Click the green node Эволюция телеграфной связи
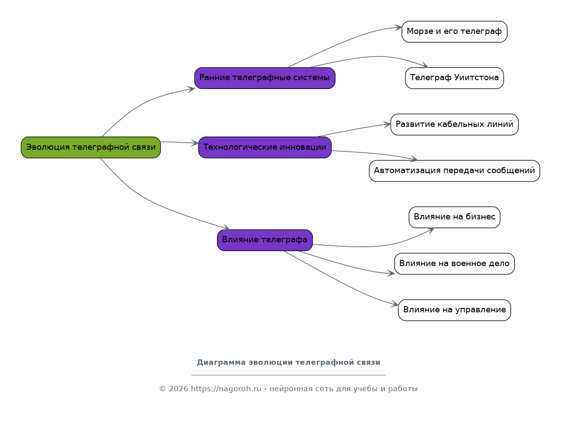(x=91, y=147)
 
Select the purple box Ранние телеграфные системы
(x=265, y=78)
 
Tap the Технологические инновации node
(x=265, y=147)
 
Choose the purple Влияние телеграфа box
(x=265, y=240)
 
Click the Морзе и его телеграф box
(x=454, y=32)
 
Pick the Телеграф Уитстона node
(x=454, y=78)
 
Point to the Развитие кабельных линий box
(x=454, y=125)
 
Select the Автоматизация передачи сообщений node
(x=454, y=171)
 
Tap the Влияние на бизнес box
(x=454, y=217)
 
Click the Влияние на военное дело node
(x=454, y=264)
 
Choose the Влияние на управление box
(x=454, y=310)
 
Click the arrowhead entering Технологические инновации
(x=195, y=143)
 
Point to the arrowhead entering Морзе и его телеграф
(x=398, y=28)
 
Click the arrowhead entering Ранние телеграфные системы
(x=191, y=89)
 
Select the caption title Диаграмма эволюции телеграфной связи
(x=288, y=363)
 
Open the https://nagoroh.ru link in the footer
(x=226, y=389)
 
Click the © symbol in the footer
(x=163, y=389)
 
